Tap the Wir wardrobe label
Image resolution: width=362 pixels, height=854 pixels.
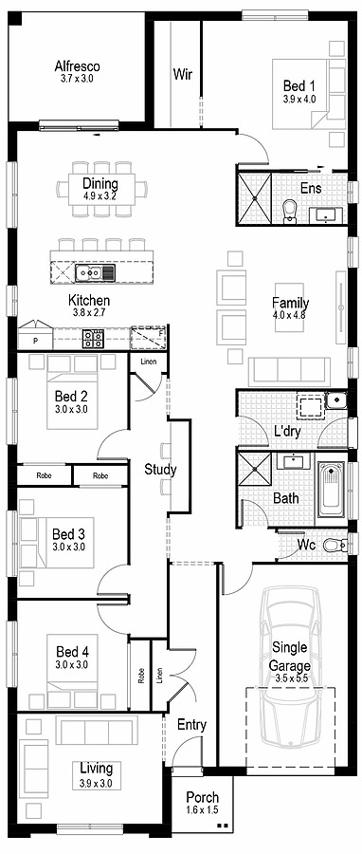coord(182,74)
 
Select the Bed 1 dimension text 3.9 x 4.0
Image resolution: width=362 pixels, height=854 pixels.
coord(299,98)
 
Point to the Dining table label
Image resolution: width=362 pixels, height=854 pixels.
coord(100,184)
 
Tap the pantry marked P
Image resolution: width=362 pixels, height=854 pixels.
coord(35,340)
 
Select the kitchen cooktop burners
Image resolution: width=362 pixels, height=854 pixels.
coord(93,337)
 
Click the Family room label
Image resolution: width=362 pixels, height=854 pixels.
coord(291,304)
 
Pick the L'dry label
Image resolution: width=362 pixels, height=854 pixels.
coord(287,432)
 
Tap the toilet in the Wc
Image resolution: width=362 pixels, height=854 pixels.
coord(332,546)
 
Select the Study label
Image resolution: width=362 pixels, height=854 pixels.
coord(160,469)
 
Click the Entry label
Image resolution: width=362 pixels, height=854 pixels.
coord(191,725)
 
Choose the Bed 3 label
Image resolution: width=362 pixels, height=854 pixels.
coord(68,533)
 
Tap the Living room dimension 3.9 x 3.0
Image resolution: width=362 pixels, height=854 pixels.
coord(96,783)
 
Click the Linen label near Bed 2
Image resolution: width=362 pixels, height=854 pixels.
coord(148,362)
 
